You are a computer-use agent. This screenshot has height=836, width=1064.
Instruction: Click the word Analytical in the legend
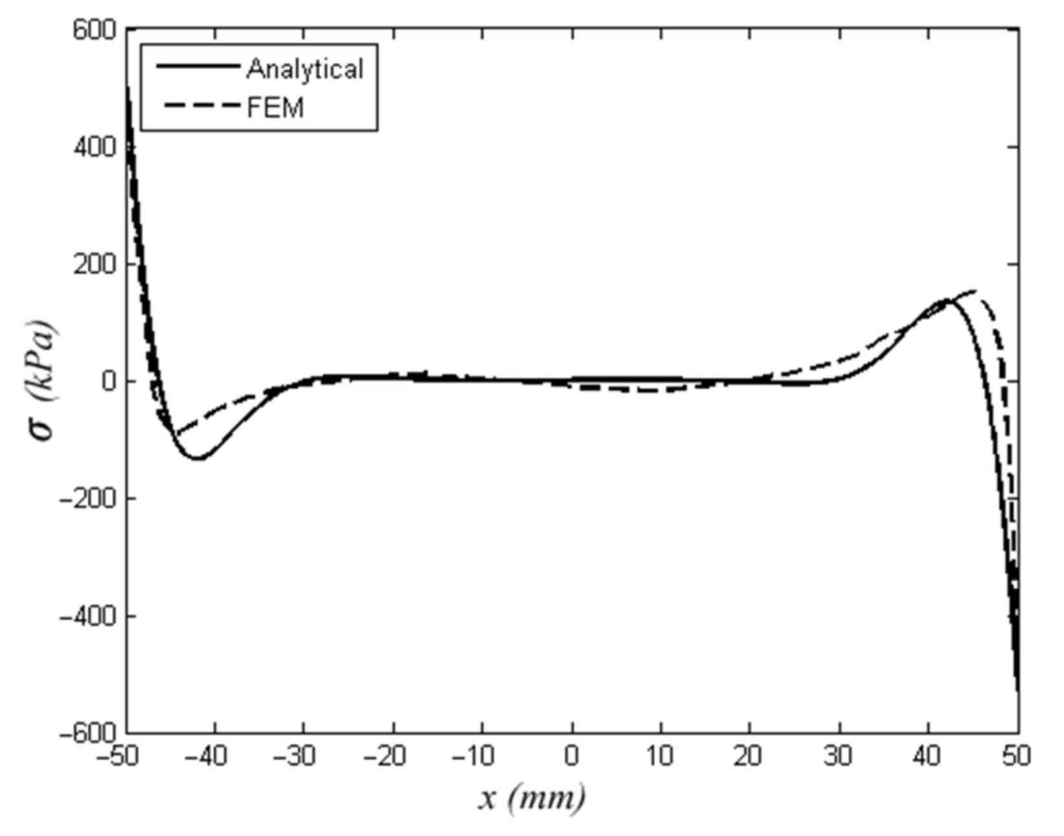coord(305,69)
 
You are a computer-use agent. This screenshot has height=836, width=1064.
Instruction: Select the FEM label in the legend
coord(276,107)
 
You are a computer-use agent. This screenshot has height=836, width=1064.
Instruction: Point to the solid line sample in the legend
coord(197,66)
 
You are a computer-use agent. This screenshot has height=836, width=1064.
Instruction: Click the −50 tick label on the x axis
coord(119,756)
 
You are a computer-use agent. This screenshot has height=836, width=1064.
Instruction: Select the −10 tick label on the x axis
coord(475,756)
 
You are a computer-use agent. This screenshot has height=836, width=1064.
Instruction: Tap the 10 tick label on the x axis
coord(660,756)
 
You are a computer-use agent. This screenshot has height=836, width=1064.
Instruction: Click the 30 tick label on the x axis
coord(838,756)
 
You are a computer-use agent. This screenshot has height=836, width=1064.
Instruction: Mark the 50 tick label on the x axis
coord(1016,756)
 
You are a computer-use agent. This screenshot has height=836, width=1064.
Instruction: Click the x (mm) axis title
coord(532,798)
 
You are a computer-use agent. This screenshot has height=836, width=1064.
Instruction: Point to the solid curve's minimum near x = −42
coord(198,458)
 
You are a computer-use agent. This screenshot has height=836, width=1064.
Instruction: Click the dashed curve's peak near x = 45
coord(973,292)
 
